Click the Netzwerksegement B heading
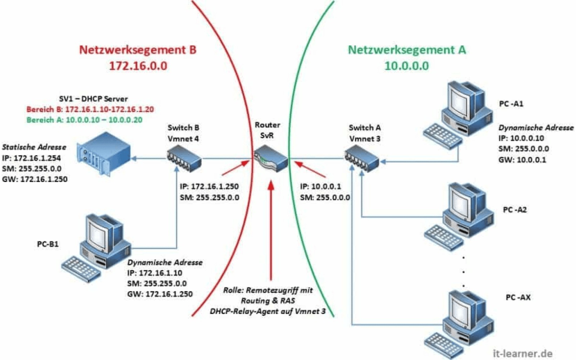[138, 50]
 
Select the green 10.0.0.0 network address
[406, 66]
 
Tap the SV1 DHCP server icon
[103, 154]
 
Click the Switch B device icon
[184, 158]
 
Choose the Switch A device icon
[361, 158]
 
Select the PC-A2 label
[514, 210]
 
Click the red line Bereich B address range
[90, 109]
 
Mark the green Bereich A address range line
[84, 120]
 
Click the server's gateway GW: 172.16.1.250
[35, 179]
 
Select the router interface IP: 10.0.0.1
[320, 186]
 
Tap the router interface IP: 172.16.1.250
[209, 186]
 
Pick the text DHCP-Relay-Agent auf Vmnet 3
[267, 311]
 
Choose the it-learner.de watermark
[522, 354]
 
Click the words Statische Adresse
[34, 147]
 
